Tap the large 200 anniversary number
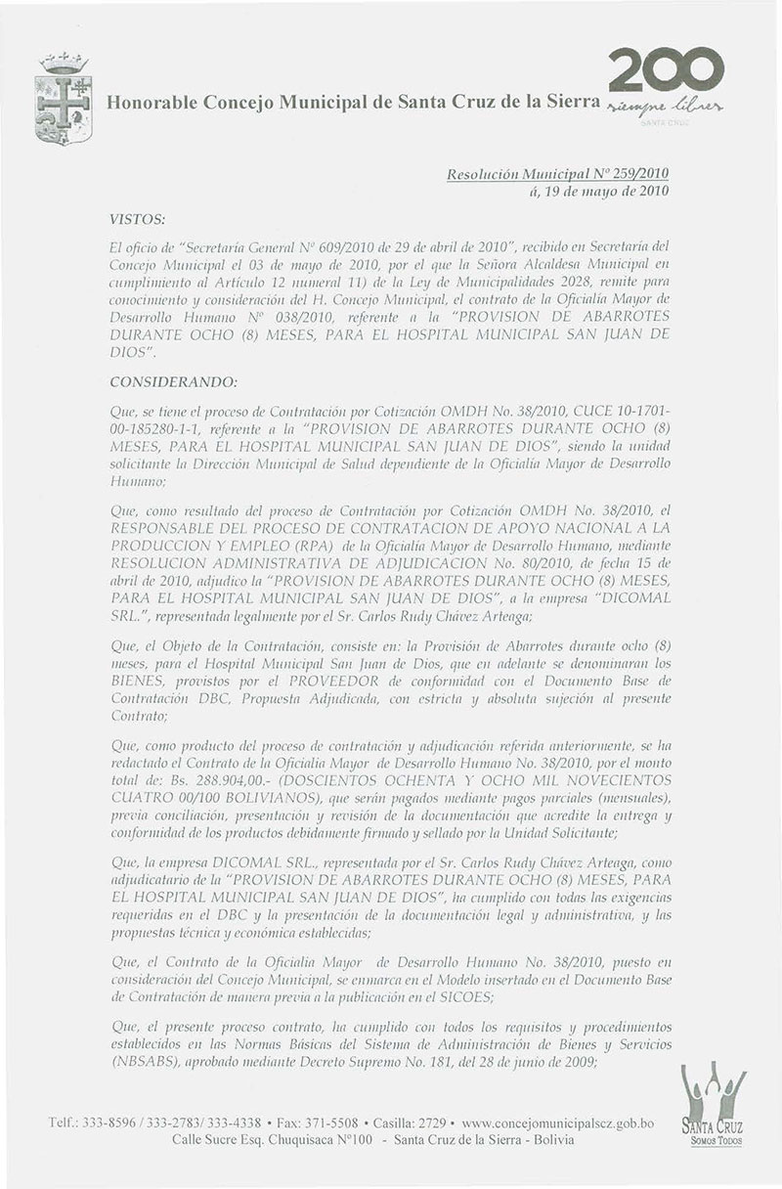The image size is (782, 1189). (x=666, y=70)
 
